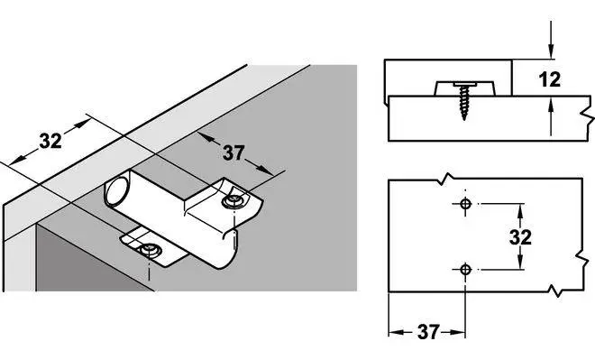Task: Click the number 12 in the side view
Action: [549, 79]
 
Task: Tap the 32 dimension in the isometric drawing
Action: [50, 141]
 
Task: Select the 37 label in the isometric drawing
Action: [233, 152]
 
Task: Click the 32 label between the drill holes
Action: [520, 237]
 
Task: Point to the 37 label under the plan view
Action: [428, 332]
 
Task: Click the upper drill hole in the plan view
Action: [465, 204]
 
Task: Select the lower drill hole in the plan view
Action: [465, 270]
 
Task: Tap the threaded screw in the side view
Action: [464, 100]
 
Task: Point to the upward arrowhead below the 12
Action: [551, 104]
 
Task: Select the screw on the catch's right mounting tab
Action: [233, 201]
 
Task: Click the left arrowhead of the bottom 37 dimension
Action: [396, 333]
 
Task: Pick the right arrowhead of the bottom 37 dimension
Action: [458, 333]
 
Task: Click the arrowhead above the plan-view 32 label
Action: [520, 211]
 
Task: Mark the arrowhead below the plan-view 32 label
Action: [520, 263]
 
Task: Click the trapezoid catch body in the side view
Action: [464, 88]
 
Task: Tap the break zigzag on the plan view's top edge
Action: [446, 179]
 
